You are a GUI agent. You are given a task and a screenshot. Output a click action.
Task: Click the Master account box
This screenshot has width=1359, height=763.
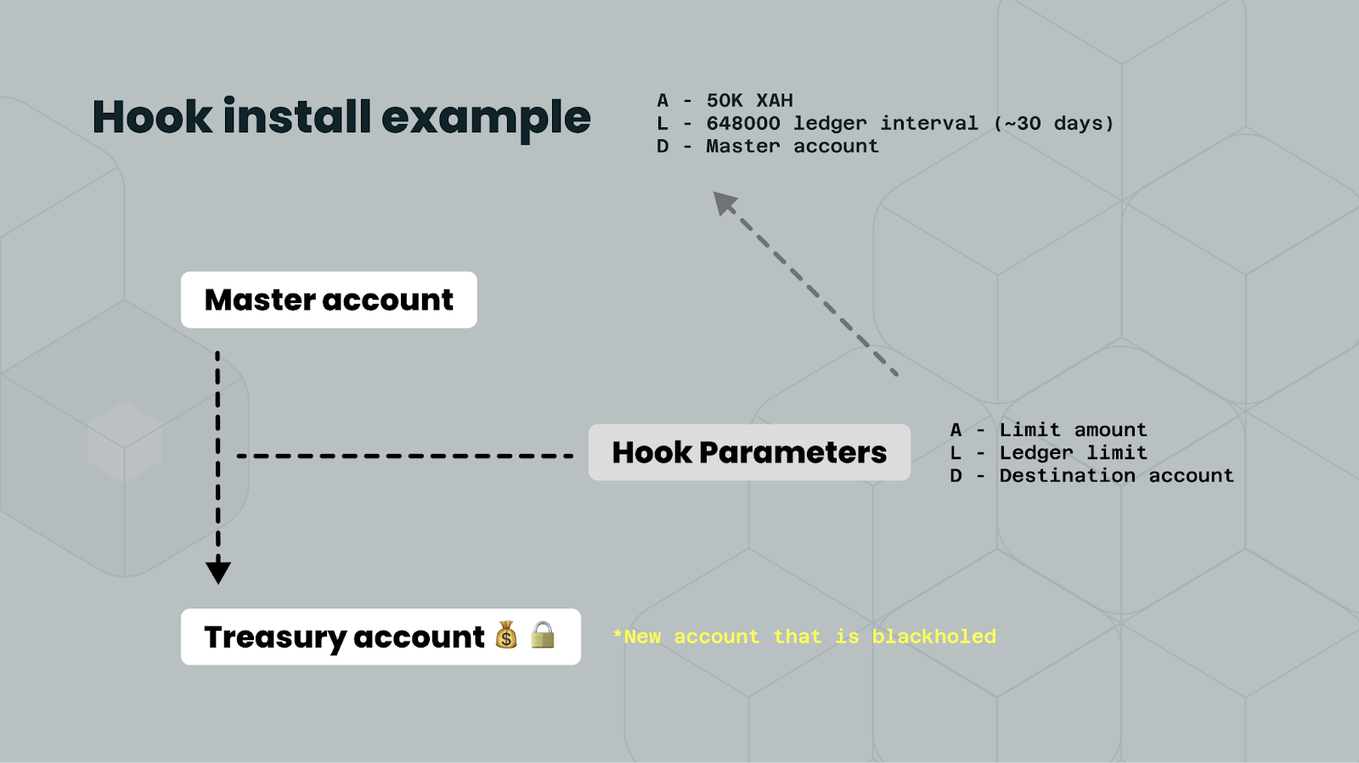point(329,300)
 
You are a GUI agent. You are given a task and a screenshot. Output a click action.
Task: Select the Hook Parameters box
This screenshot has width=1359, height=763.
point(749,452)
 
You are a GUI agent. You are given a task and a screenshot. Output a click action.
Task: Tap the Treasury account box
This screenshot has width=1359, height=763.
point(381,637)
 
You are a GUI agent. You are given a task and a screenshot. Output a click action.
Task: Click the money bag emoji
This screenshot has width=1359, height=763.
point(506,635)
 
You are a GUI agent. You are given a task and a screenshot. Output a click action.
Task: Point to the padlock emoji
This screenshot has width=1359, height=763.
point(543,635)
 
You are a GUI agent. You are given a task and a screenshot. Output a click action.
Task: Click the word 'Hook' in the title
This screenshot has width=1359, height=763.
point(152,116)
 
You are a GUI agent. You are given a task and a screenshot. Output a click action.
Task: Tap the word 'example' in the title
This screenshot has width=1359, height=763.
point(486,119)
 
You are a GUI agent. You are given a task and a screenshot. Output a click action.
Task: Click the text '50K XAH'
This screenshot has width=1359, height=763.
point(749,100)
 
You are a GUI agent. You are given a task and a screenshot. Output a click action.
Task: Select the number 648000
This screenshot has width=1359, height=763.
point(743,123)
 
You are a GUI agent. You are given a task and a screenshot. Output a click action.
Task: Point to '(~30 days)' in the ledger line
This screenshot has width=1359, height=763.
point(1053,124)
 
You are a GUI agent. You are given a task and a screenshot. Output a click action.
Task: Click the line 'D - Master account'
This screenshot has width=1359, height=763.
point(768,146)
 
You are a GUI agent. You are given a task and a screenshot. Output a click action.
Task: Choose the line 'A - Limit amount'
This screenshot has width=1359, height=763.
point(1048,429)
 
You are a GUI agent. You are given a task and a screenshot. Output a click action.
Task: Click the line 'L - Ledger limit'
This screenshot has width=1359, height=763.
point(1048,452)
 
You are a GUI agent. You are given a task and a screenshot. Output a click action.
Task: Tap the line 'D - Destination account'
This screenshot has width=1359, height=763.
point(1091,476)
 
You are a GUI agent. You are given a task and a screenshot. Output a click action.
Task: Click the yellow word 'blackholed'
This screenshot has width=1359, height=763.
point(933,637)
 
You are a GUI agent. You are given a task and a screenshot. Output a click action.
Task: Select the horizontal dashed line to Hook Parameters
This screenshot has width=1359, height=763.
point(404,456)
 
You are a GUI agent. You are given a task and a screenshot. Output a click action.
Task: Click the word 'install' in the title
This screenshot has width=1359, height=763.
point(296,116)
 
